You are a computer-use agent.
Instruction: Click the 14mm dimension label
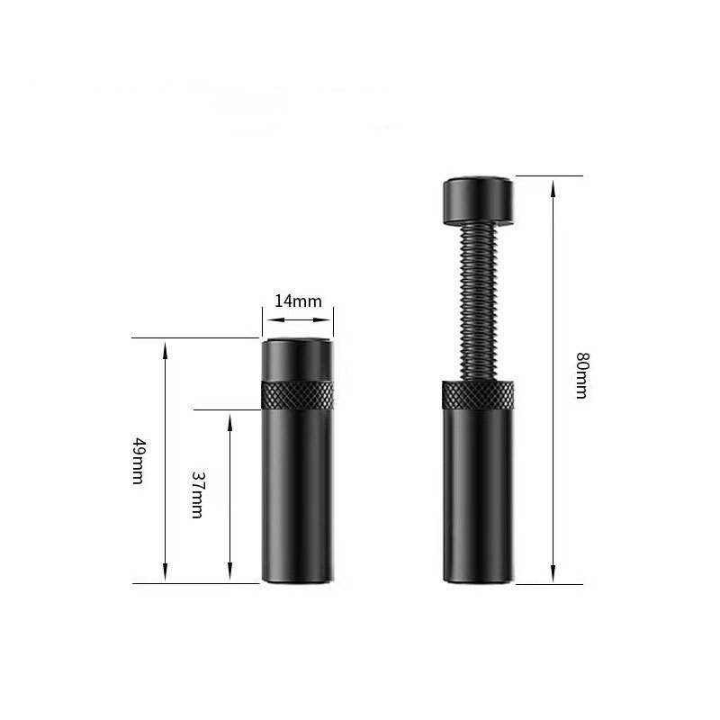point(298,301)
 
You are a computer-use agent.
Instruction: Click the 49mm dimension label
point(139,461)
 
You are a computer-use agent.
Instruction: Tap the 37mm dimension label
point(197,495)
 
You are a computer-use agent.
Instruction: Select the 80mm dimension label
point(582,375)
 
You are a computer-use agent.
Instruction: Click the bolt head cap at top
point(478,200)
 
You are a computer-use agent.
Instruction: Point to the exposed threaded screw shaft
point(478,302)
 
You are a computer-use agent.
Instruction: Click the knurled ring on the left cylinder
point(298,395)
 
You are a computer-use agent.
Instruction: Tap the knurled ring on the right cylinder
point(478,395)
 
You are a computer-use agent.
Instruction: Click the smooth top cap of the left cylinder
point(298,359)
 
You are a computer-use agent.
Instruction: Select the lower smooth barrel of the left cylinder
point(298,497)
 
